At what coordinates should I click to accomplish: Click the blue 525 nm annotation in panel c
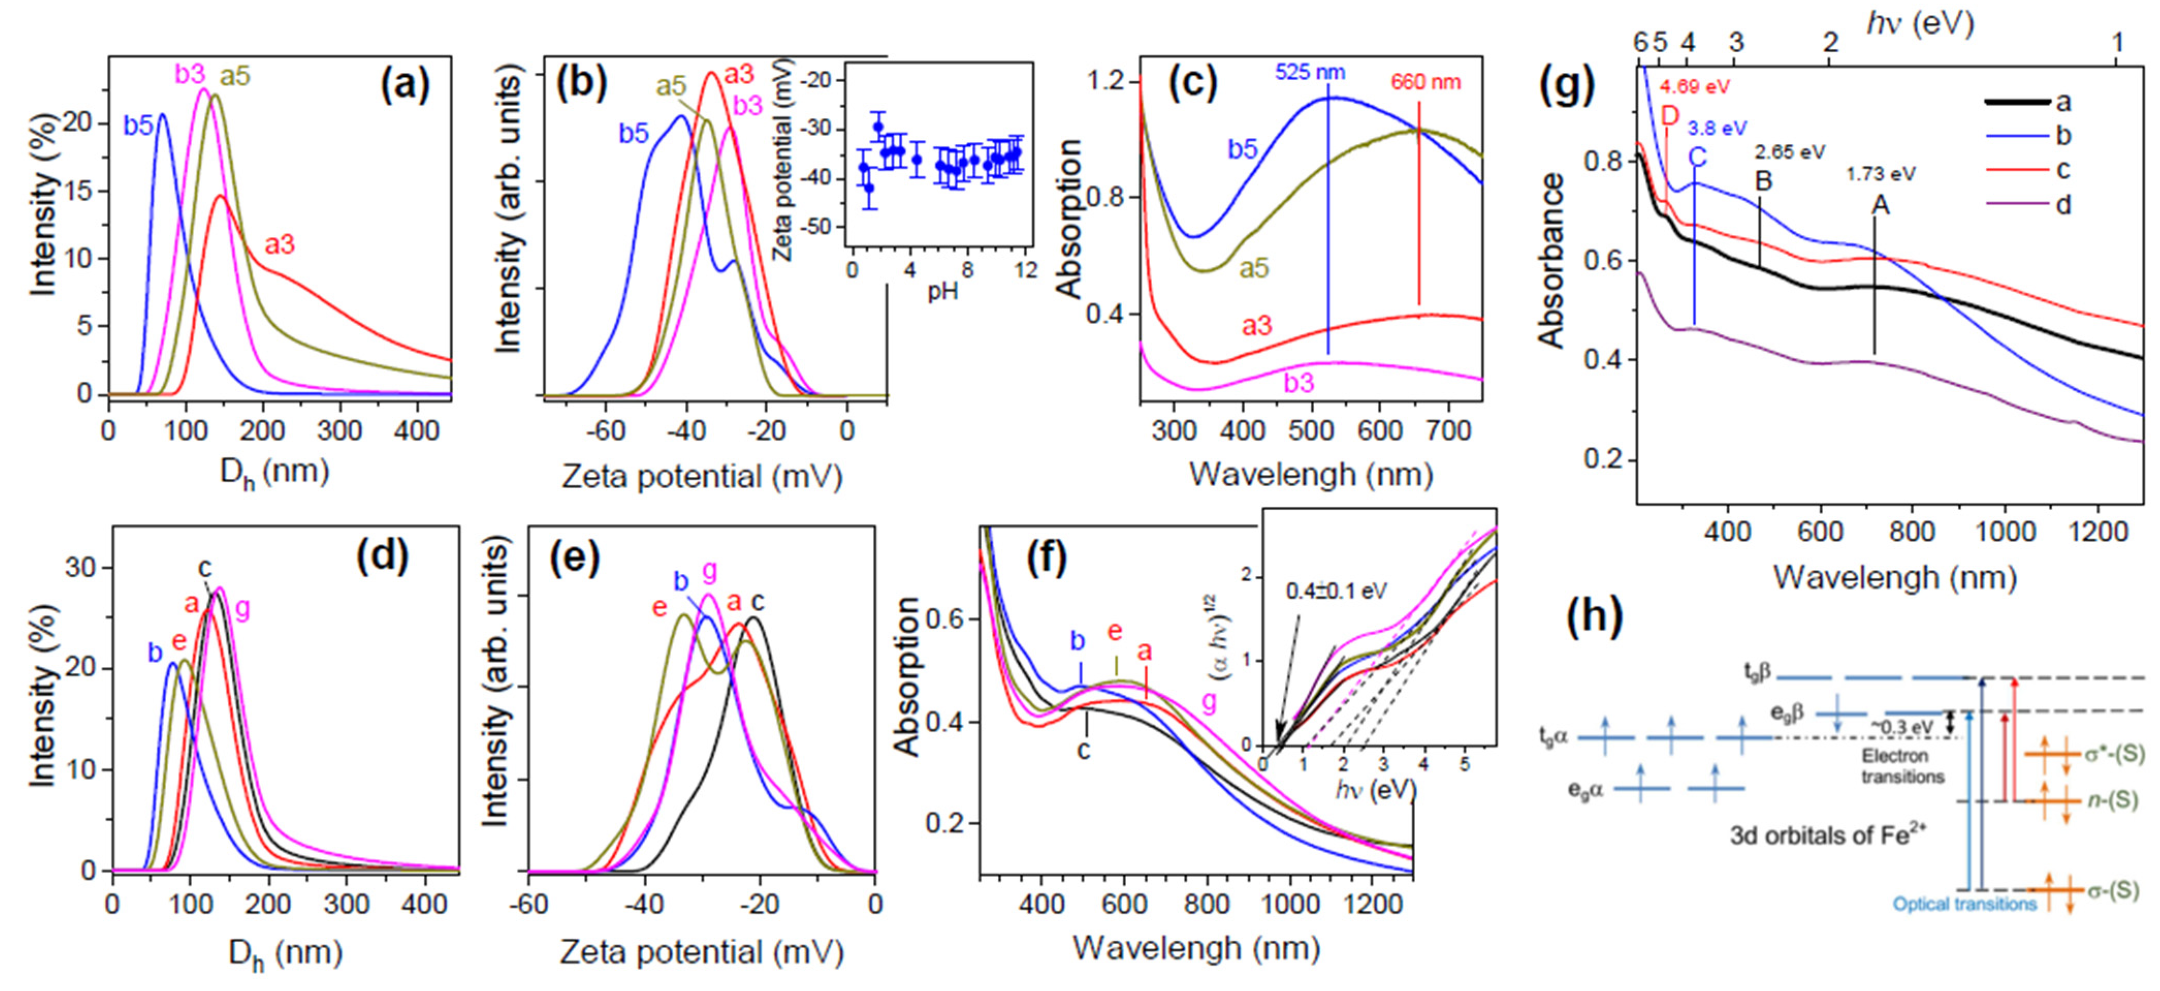1310,72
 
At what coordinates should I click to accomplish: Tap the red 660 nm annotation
1426,82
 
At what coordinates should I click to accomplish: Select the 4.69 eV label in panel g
1694,86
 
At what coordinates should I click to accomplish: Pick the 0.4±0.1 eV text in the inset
1337,591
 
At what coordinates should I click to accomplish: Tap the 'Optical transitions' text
1964,904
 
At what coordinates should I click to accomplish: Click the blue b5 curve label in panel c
1243,149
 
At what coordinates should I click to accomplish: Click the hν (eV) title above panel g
1919,23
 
